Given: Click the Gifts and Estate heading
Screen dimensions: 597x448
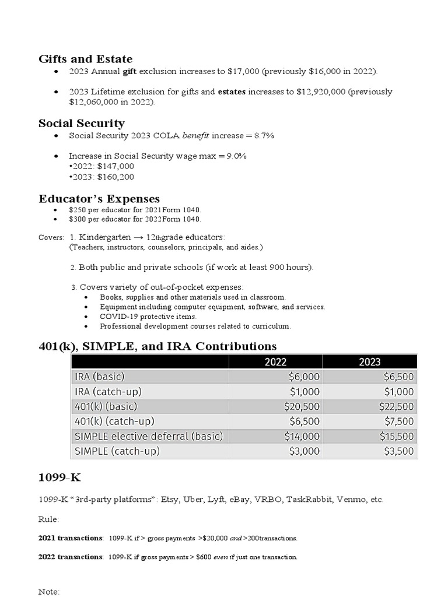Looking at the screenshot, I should point(85,59).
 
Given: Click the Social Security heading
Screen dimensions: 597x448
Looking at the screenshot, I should point(81,123).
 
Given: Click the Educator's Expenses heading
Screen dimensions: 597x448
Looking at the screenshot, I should point(99,199).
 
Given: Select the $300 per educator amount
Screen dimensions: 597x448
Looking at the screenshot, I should point(76,219).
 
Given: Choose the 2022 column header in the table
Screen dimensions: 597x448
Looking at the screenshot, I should point(275,361).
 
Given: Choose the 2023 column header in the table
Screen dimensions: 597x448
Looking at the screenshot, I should point(369,361).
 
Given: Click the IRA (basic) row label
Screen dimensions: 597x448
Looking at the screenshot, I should point(99,377).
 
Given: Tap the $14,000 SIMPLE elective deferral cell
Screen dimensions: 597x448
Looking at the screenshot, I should point(302,436).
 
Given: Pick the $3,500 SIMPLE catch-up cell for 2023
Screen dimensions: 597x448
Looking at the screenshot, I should point(398,451).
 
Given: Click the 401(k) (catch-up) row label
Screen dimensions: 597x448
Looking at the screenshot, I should point(114,421).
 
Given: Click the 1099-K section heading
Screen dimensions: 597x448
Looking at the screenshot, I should point(60,478).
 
